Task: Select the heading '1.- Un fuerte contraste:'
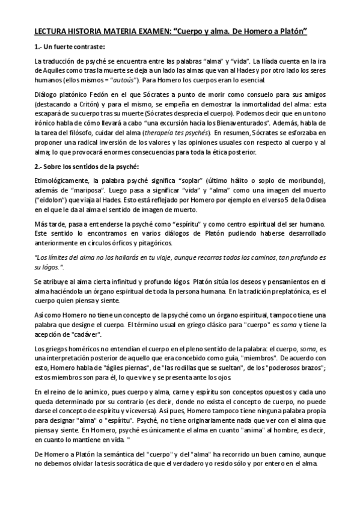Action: [x=70, y=46]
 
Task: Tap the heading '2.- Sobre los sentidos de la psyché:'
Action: [x=87, y=165]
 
